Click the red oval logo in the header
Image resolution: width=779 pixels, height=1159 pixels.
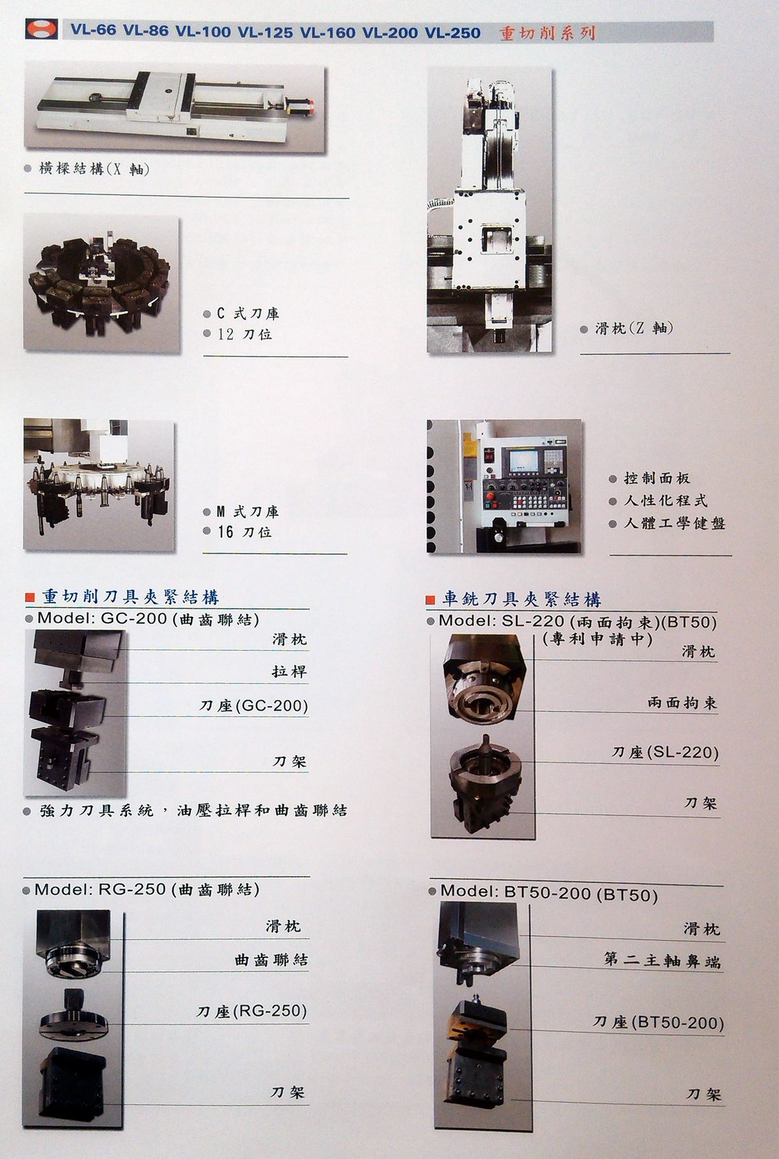(x=43, y=30)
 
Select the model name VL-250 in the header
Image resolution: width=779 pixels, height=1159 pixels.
(x=453, y=32)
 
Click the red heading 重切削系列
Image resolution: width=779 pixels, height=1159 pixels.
(x=547, y=33)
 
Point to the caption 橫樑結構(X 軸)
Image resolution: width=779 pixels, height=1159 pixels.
(x=94, y=169)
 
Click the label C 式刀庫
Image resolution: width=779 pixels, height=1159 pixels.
(x=248, y=313)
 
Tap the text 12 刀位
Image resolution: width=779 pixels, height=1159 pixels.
(x=245, y=334)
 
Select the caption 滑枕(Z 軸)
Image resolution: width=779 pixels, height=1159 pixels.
(x=633, y=328)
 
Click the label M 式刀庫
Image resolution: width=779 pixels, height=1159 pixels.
(x=247, y=512)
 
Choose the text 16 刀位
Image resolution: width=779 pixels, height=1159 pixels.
(x=245, y=531)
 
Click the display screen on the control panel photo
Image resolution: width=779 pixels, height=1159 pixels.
(x=523, y=460)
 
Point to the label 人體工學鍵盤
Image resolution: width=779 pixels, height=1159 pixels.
(x=675, y=523)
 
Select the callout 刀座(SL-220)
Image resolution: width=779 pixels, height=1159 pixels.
(x=665, y=752)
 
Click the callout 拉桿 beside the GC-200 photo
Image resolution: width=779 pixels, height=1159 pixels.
(x=289, y=671)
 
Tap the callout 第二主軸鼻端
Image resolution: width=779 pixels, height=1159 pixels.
(x=662, y=960)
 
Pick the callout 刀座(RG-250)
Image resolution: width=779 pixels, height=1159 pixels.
(x=251, y=1011)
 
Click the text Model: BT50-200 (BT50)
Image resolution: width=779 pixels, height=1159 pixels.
(x=549, y=893)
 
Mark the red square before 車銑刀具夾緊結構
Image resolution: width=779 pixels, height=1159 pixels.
(x=430, y=600)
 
